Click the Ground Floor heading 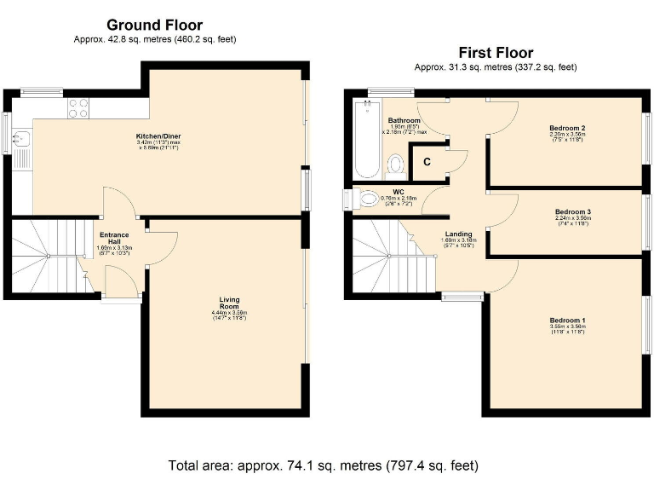pos(154,25)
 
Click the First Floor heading pos(495,52)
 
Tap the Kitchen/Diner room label pos(158,136)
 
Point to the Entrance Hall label pos(114,239)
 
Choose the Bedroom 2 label pos(566,129)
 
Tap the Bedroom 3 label pos(572,211)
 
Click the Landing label pos(457,233)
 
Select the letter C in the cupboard pos(427,160)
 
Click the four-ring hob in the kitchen pos(78,107)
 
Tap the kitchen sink pos(20,140)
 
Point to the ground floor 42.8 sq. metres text pos(154,39)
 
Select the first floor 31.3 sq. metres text pos(495,66)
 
